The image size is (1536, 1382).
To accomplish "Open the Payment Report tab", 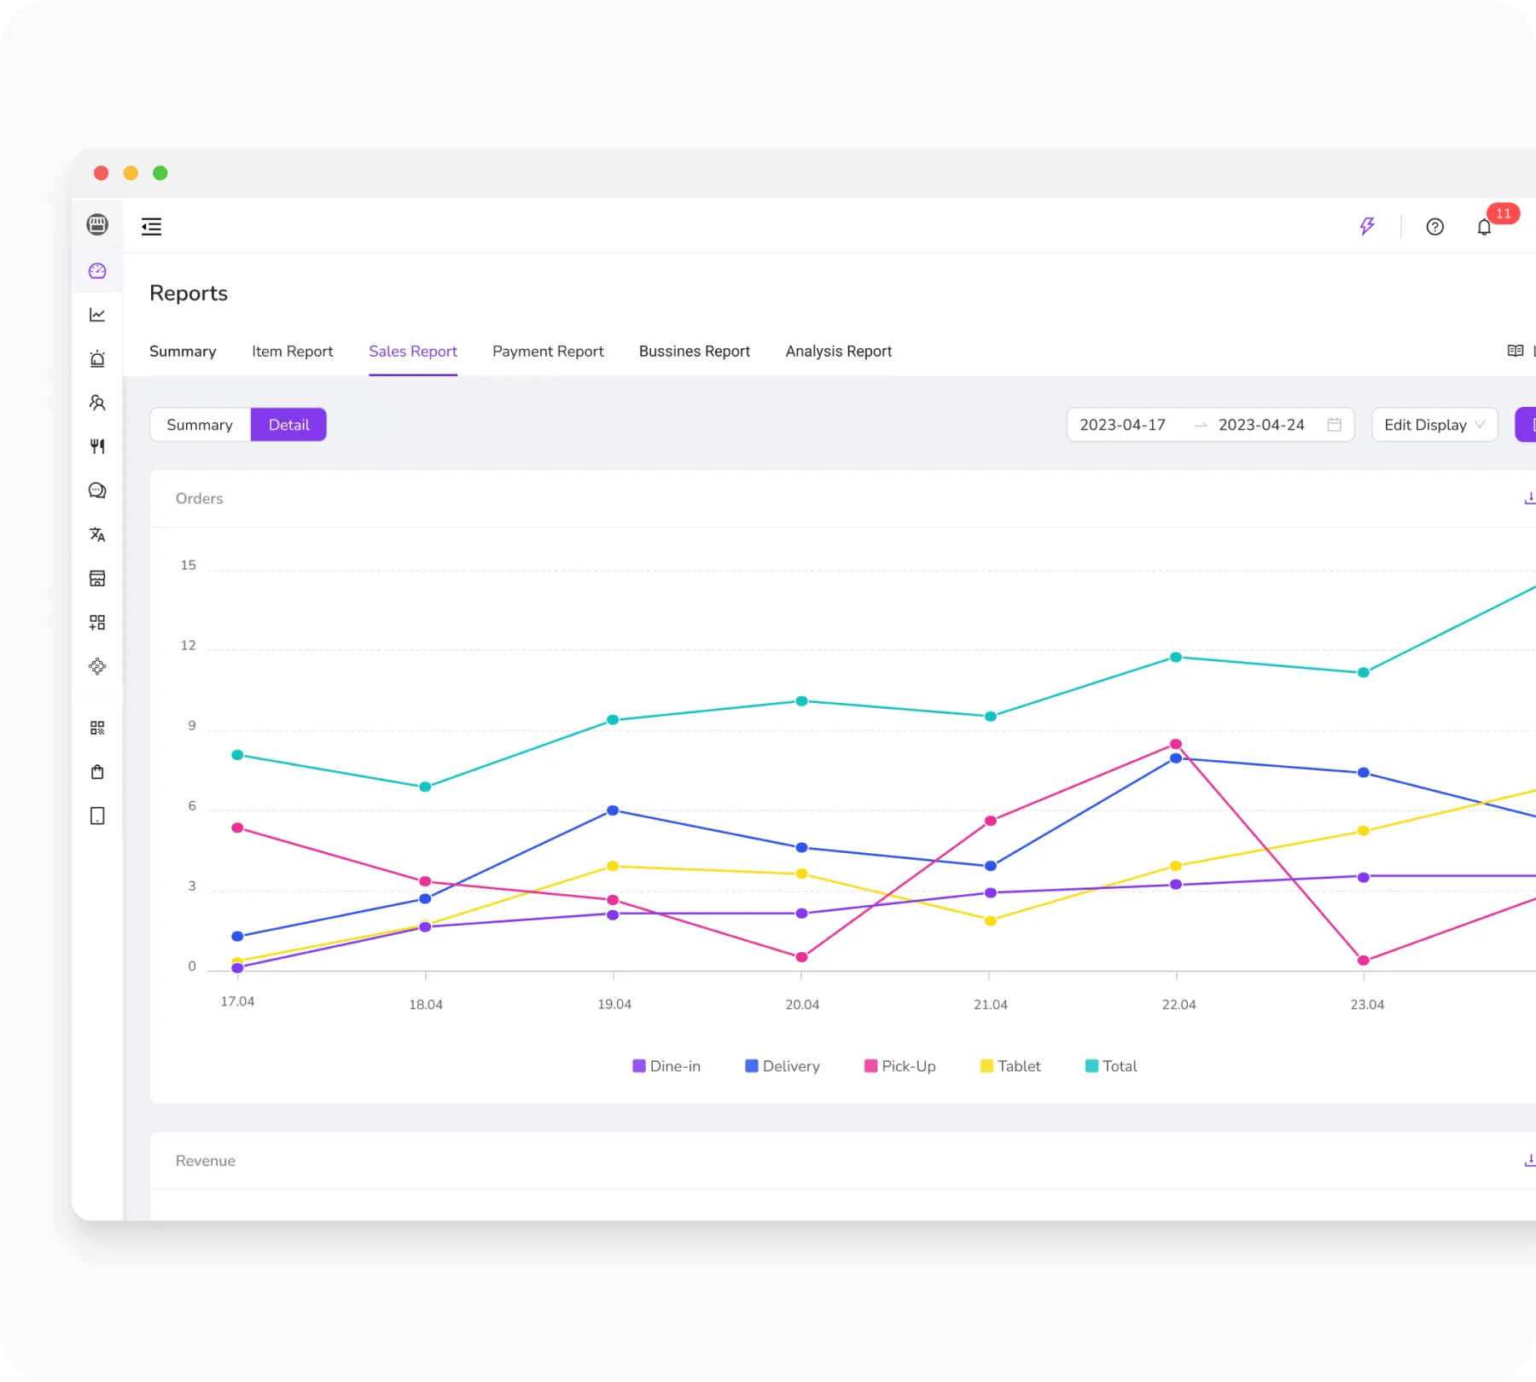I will [548, 351].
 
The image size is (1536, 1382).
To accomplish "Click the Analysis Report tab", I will [838, 351].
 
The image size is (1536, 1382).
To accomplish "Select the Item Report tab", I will [292, 351].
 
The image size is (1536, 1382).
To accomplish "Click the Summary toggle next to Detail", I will [200, 425].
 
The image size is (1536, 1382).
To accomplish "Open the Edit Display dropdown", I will [1434, 425].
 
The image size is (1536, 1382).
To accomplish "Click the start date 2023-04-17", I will [1122, 425].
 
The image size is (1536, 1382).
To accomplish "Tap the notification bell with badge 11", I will [1484, 227].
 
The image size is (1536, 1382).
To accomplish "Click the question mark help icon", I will [1434, 227].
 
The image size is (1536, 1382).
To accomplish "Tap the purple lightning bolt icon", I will [1367, 226].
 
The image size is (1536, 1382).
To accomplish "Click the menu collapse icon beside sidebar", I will [151, 226].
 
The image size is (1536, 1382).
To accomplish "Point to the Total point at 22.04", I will [1175, 657].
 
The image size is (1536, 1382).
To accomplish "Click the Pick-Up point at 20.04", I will [801, 957].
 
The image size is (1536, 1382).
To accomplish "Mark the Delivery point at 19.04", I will [613, 810].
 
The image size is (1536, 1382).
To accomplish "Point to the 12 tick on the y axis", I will [189, 646].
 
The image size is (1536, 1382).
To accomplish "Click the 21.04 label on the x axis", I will [990, 1005].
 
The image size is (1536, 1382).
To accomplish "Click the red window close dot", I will [101, 173].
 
